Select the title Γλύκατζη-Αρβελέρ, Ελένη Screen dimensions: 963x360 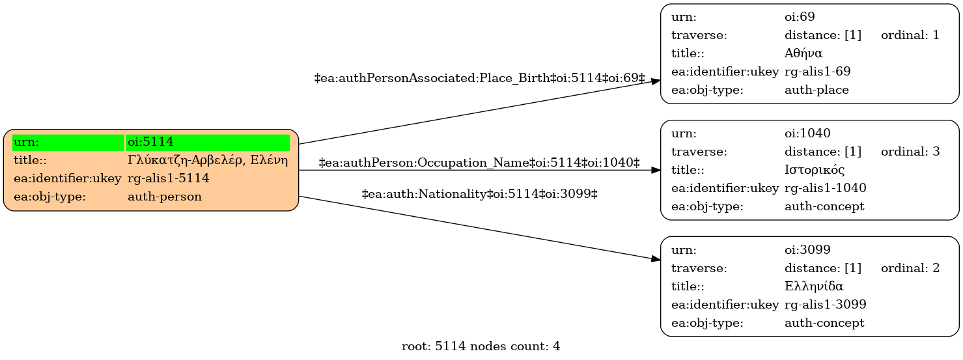click(x=208, y=160)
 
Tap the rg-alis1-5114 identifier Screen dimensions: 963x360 click(x=169, y=178)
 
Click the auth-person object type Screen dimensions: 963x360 click(x=165, y=197)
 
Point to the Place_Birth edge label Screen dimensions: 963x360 click(x=480, y=78)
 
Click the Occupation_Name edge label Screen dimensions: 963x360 click(x=479, y=163)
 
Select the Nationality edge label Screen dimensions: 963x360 click(x=480, y=194)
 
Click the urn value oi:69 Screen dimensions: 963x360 click(x=800, y=17)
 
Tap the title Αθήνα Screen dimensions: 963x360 click(x=803, y=53)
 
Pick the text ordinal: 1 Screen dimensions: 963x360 click(x=910, y=35)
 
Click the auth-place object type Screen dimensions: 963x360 click(x=816, y=90)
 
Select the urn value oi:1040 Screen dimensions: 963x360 click(x=807, y=133)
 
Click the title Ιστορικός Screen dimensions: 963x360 click(x=815, y=170)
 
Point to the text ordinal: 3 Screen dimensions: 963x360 click(x=910, y=152)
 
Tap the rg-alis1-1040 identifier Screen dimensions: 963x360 click(x=826, y=188)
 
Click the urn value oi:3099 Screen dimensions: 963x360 click(x=807, y=249)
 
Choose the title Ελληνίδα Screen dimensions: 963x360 click(x=813, y=286)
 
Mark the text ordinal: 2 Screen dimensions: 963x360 click(x=910, y=268)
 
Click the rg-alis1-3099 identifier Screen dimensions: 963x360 click(x=826, y=305)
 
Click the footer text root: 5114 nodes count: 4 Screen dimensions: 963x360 click(x=481, y=346)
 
